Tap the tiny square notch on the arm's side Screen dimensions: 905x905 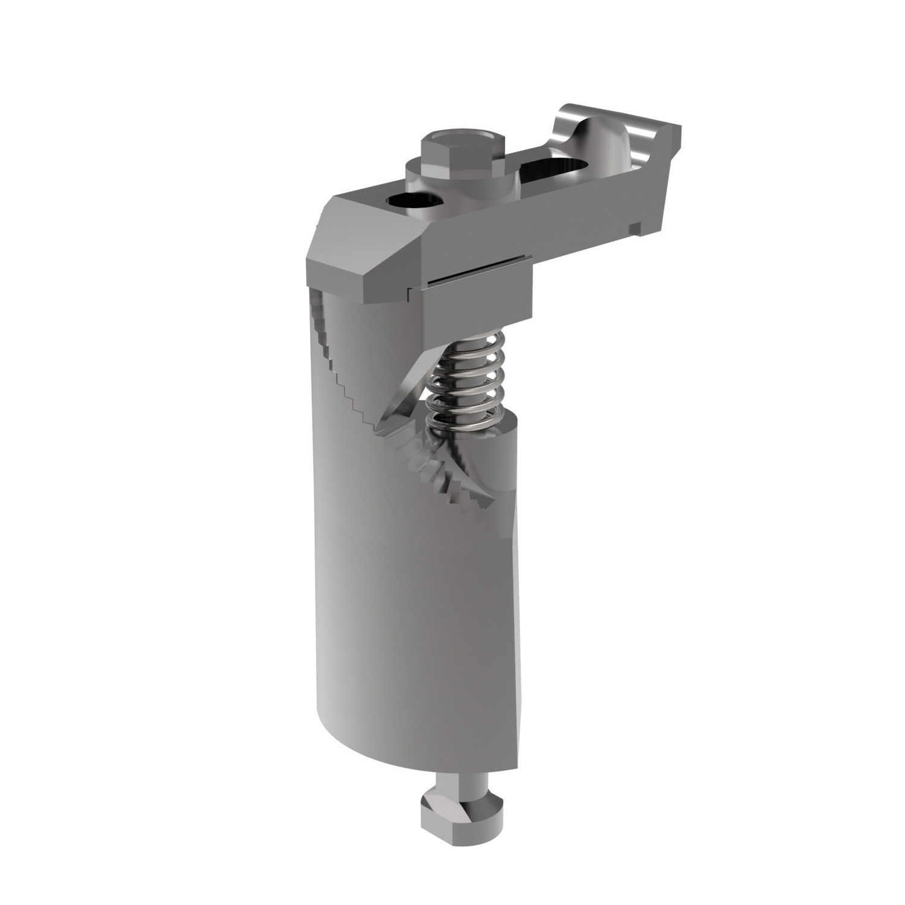tap(634, 228)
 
